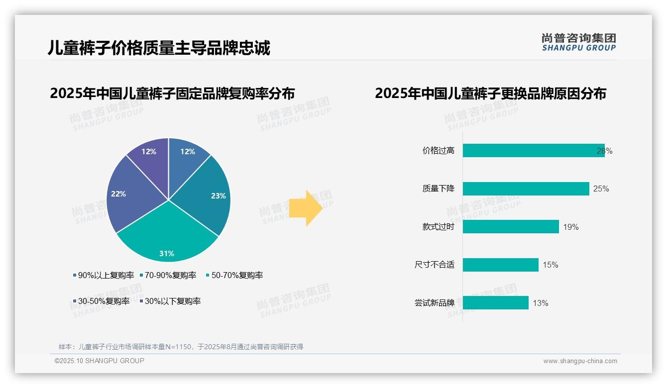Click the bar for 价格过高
tap(533, 151)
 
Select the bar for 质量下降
tap(526, 189)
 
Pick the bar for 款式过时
tap(511, 227)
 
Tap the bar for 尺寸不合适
tap(500, 265)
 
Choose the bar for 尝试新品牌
tap(495, 302)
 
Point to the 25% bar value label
tap(601, 189)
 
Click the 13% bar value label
tap(540, 303)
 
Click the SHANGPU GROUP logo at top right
tap(578, 42)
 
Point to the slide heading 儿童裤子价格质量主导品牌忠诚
tap(159, 48)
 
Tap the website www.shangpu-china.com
tap(580, 361)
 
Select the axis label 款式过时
tap(438, 227)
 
